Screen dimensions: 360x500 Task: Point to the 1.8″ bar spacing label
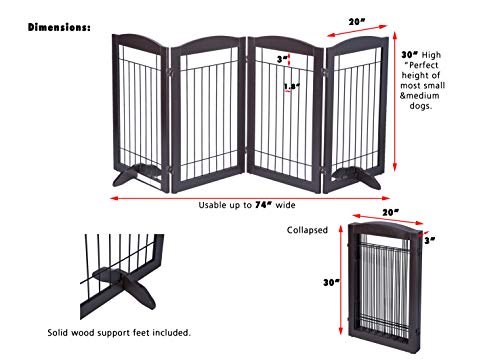tap(292, 86)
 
